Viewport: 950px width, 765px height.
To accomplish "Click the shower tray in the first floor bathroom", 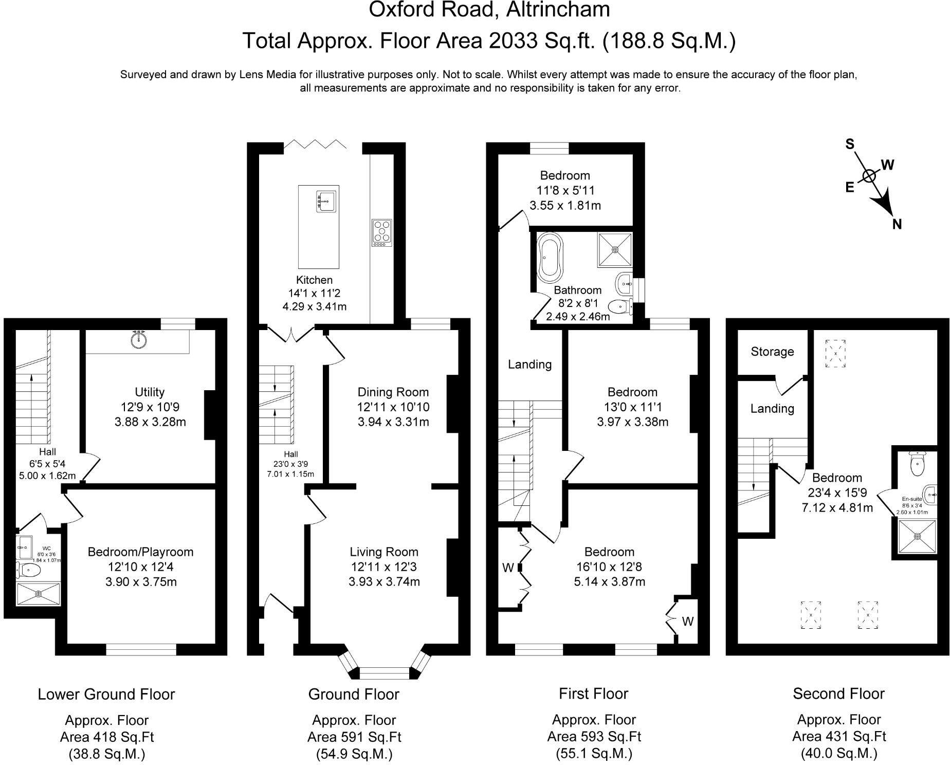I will click(x=615, y=250).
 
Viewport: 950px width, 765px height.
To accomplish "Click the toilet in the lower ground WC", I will click(x=30, y=570).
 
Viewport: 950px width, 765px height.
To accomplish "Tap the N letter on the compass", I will click(x=897, y=224).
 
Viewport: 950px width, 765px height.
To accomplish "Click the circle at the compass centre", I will click(x=869, y=176).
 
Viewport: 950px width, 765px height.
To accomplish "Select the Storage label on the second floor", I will click(x=772, y=352).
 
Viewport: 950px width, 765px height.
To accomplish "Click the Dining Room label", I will click(x=393, y=392).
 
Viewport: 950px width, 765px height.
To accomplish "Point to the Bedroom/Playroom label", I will click(x=140, y=552).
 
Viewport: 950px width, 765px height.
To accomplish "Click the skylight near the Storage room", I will click(x=835, y=354).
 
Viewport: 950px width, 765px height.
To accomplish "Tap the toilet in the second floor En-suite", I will click(x=917, y=466).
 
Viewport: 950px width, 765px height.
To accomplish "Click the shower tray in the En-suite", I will click(x=918, y=536).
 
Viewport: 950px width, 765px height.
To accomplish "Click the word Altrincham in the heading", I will click(x=558, y=9).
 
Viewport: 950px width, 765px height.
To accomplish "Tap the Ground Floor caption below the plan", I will click(x=354, y=695).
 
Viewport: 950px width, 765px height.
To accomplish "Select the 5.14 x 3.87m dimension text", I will click(x=609, y=582).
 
